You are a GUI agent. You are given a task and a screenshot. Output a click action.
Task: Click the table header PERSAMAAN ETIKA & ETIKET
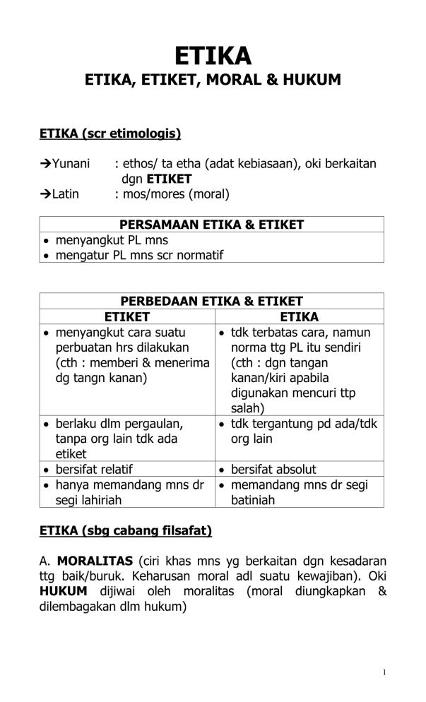[211, 225]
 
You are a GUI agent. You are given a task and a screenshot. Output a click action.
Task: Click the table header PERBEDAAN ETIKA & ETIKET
[211, 301]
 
